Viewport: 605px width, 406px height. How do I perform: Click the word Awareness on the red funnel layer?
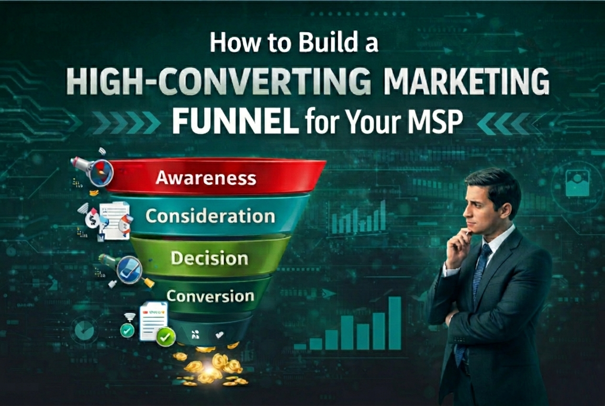pyautogui.click(x=206, y=179)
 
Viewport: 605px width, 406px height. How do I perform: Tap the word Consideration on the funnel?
pyautogui.click(x=211, y=216)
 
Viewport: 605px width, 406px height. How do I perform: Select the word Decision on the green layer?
pyautogui.click(x=209, y=259)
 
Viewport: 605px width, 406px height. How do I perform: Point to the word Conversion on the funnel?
pyautogui.click(x=210, y=296)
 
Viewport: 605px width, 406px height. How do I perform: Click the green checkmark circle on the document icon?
pyautogui.click(x=165, y=338)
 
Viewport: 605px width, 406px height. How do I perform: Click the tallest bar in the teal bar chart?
pyautogui.click(x=395, y=323)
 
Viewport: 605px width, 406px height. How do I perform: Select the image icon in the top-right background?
pyautogui.click(x=577, y=184)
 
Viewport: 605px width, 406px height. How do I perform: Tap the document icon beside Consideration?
pyautogui.click(x=115, y=220)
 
